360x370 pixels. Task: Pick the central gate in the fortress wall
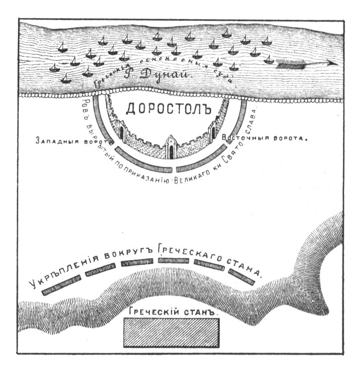click(x=171, y=148)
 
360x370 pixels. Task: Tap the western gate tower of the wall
click(x=121, y=131)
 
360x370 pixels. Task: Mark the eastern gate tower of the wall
click(x=213, y=130)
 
